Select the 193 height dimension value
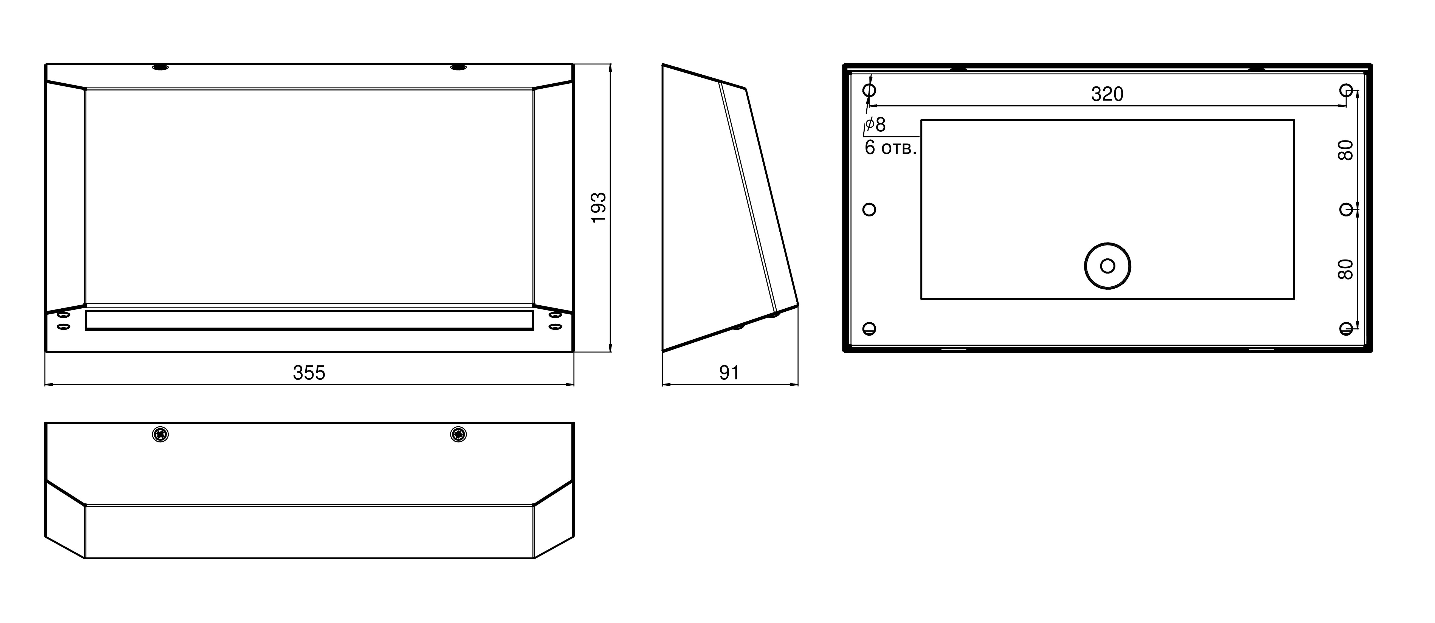click(598, 208)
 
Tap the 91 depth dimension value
click(729, 373)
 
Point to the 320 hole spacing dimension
click(1107, 94)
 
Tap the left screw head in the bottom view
click(160, 434)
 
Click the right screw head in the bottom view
click(458, 434)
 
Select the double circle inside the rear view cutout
click(1107, 266)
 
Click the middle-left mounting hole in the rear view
click(869, 210)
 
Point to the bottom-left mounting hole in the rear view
click(869, 328)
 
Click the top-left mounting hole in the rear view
click(869, 90)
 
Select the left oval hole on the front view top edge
click(160, 68)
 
